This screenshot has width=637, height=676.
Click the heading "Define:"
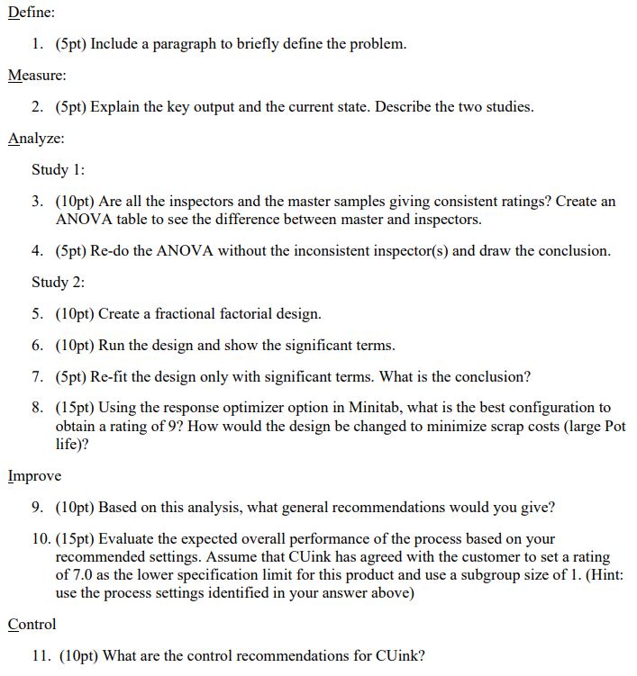click(32, 13)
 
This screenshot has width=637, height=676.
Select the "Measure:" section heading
click(37, 76)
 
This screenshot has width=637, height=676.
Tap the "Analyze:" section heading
click(36, 139)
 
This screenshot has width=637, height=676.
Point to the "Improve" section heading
click(34, 476)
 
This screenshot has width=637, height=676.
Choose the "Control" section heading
click(32, 625)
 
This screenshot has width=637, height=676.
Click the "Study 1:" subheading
click(58, 170)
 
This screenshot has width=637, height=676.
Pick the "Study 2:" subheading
click(58, 283)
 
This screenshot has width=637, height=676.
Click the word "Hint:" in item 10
click(605, 574)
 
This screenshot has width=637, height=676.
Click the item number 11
click(41, 656)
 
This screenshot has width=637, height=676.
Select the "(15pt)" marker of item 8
click(76, 408)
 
